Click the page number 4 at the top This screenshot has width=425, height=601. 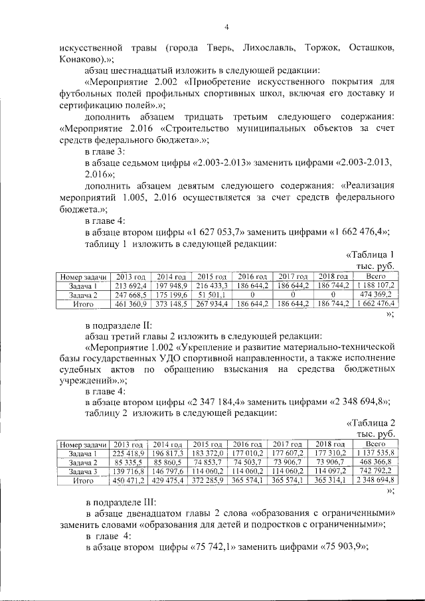(226, 27)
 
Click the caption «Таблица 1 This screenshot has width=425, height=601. (372, 254)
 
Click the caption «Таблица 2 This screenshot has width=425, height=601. (372, 422)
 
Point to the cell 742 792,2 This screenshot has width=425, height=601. (376, 471)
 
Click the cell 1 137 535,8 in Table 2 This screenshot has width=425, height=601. (376, 452)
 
